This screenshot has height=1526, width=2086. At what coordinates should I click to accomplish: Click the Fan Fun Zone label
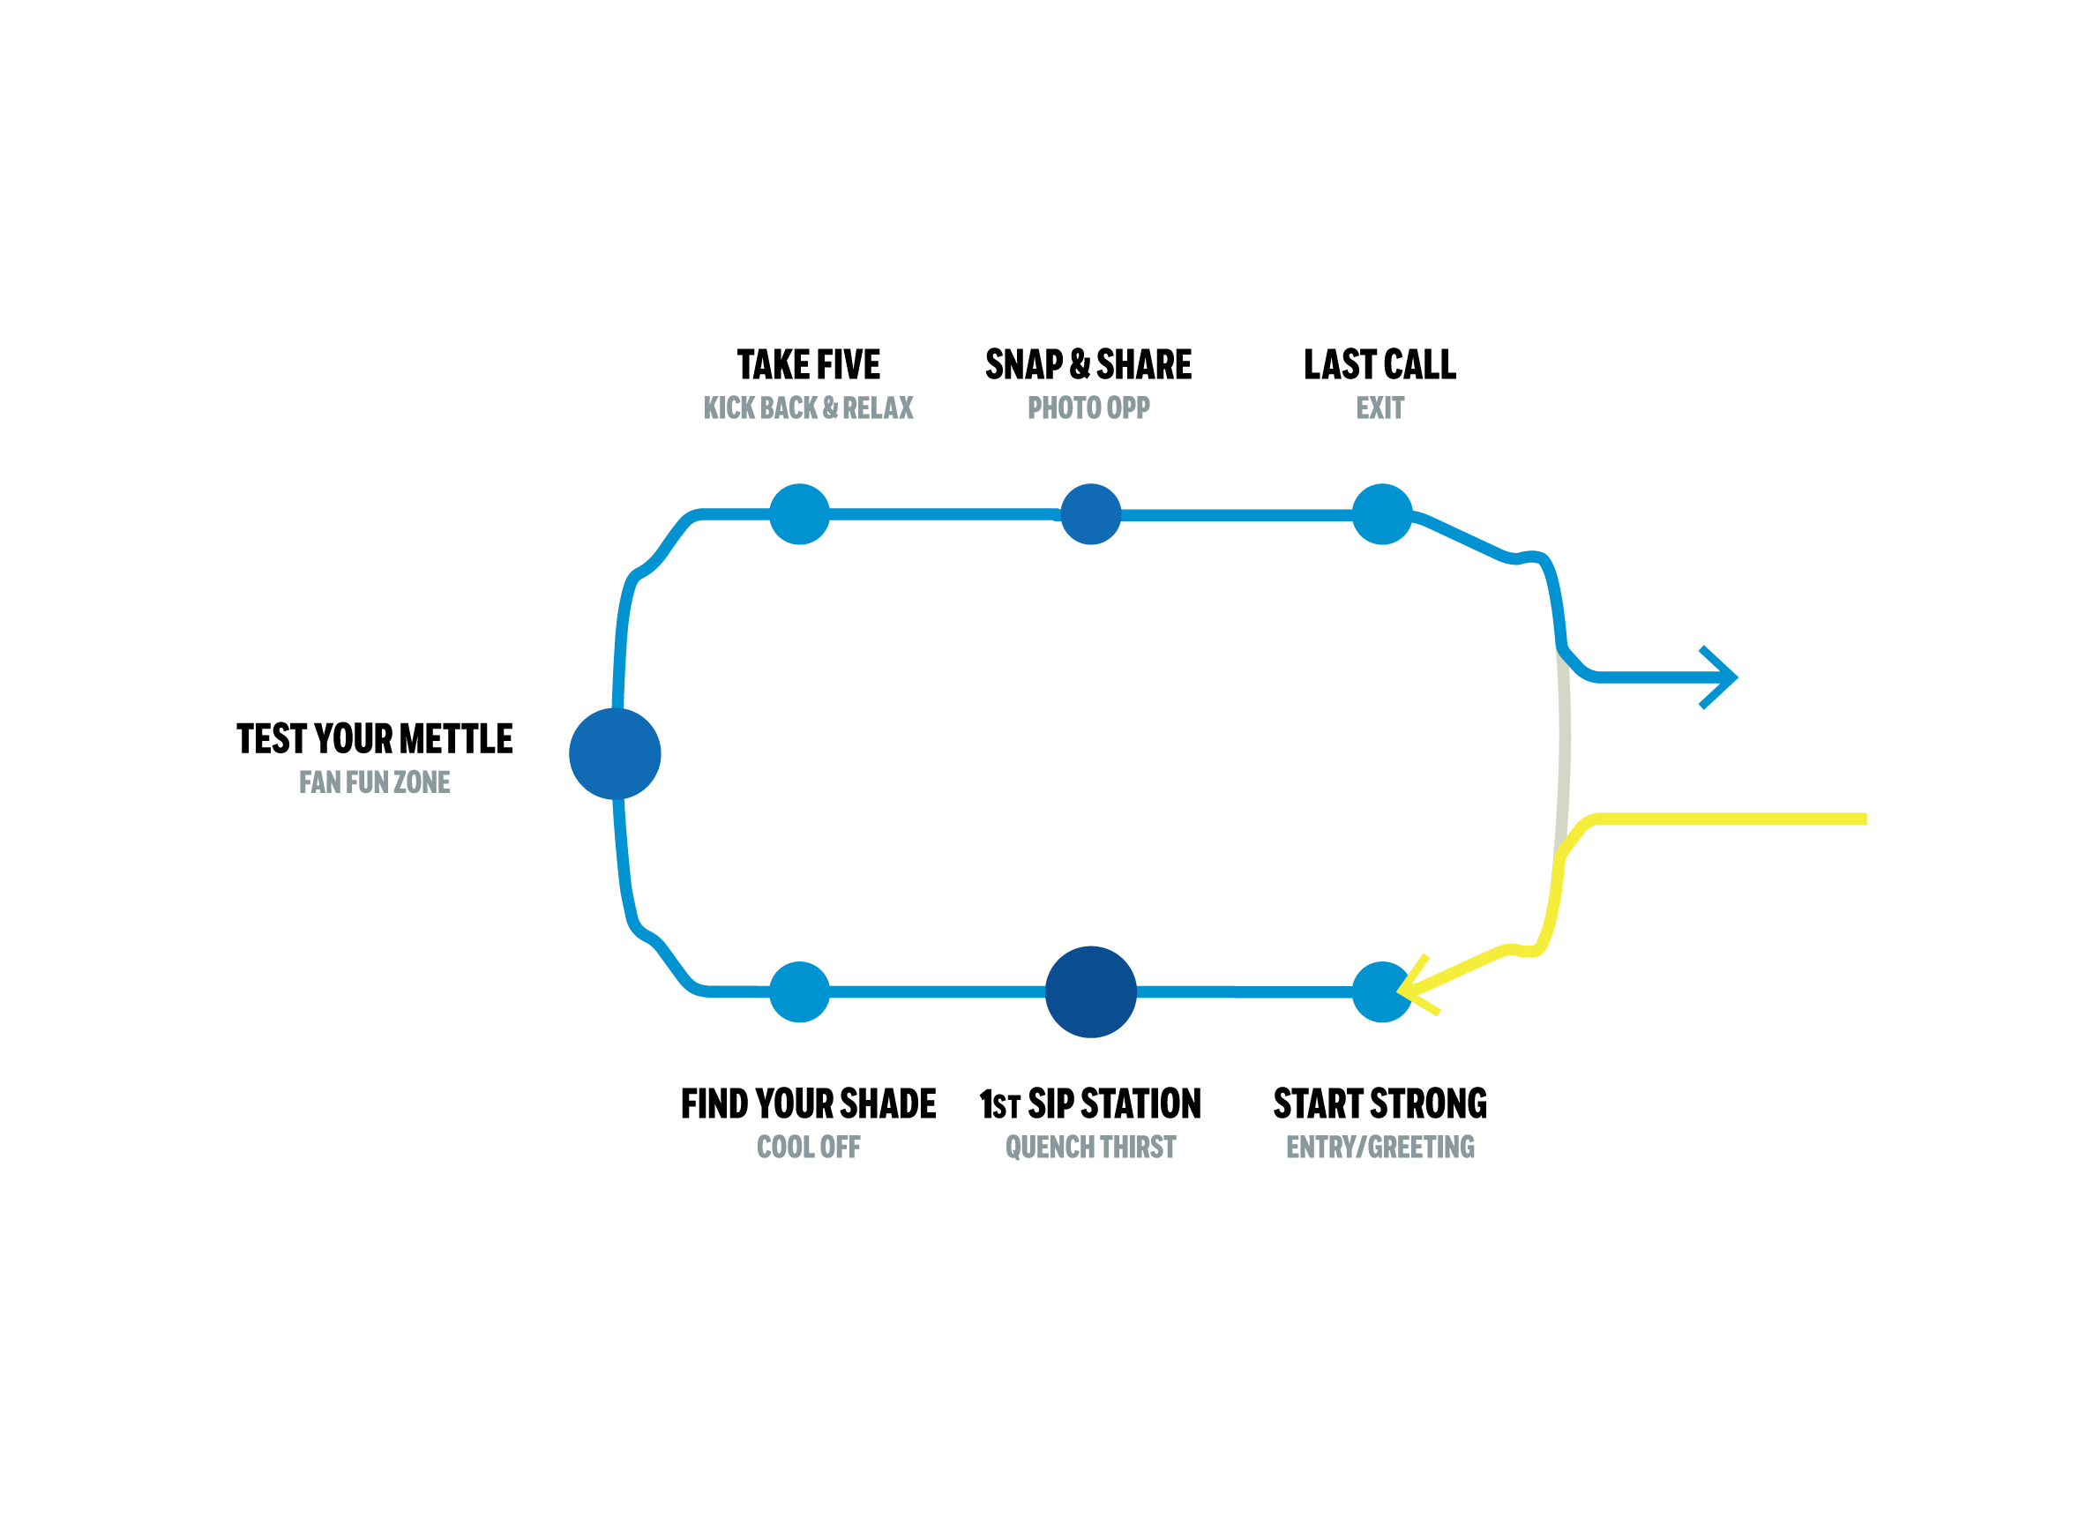[x=374, y=782]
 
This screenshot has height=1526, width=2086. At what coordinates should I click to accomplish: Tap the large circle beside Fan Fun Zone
[x=615, y=754]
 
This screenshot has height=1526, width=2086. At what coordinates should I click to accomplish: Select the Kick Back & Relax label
[x=808, y=408]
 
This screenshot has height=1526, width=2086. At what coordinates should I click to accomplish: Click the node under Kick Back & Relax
[x=800, y=514]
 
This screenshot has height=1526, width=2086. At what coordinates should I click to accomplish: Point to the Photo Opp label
[x=1088, y=408]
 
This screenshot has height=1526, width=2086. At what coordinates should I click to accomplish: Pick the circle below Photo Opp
[x=1090, y=514]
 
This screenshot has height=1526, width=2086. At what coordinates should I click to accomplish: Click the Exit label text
[x=1379, y=408]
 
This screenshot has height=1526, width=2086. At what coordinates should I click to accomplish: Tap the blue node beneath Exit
[x=1381, y=514]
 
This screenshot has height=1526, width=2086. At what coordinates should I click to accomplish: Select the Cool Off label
[x=808, y=1148]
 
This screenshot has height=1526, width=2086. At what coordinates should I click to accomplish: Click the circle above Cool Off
[x=800, y=992]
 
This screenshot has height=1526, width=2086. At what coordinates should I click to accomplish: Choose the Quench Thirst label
[x=1090, y=1148]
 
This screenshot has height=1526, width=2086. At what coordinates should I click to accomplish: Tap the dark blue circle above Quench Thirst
[x=1090, y=992]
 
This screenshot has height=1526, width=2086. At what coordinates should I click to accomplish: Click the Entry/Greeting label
[x=1379, y=1148]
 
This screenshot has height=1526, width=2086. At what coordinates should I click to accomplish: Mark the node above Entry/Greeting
[x=1378, y=992]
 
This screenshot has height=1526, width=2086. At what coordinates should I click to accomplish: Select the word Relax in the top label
[x=878, y=408]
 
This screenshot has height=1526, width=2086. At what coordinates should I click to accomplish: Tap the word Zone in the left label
[x=422, y=782]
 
